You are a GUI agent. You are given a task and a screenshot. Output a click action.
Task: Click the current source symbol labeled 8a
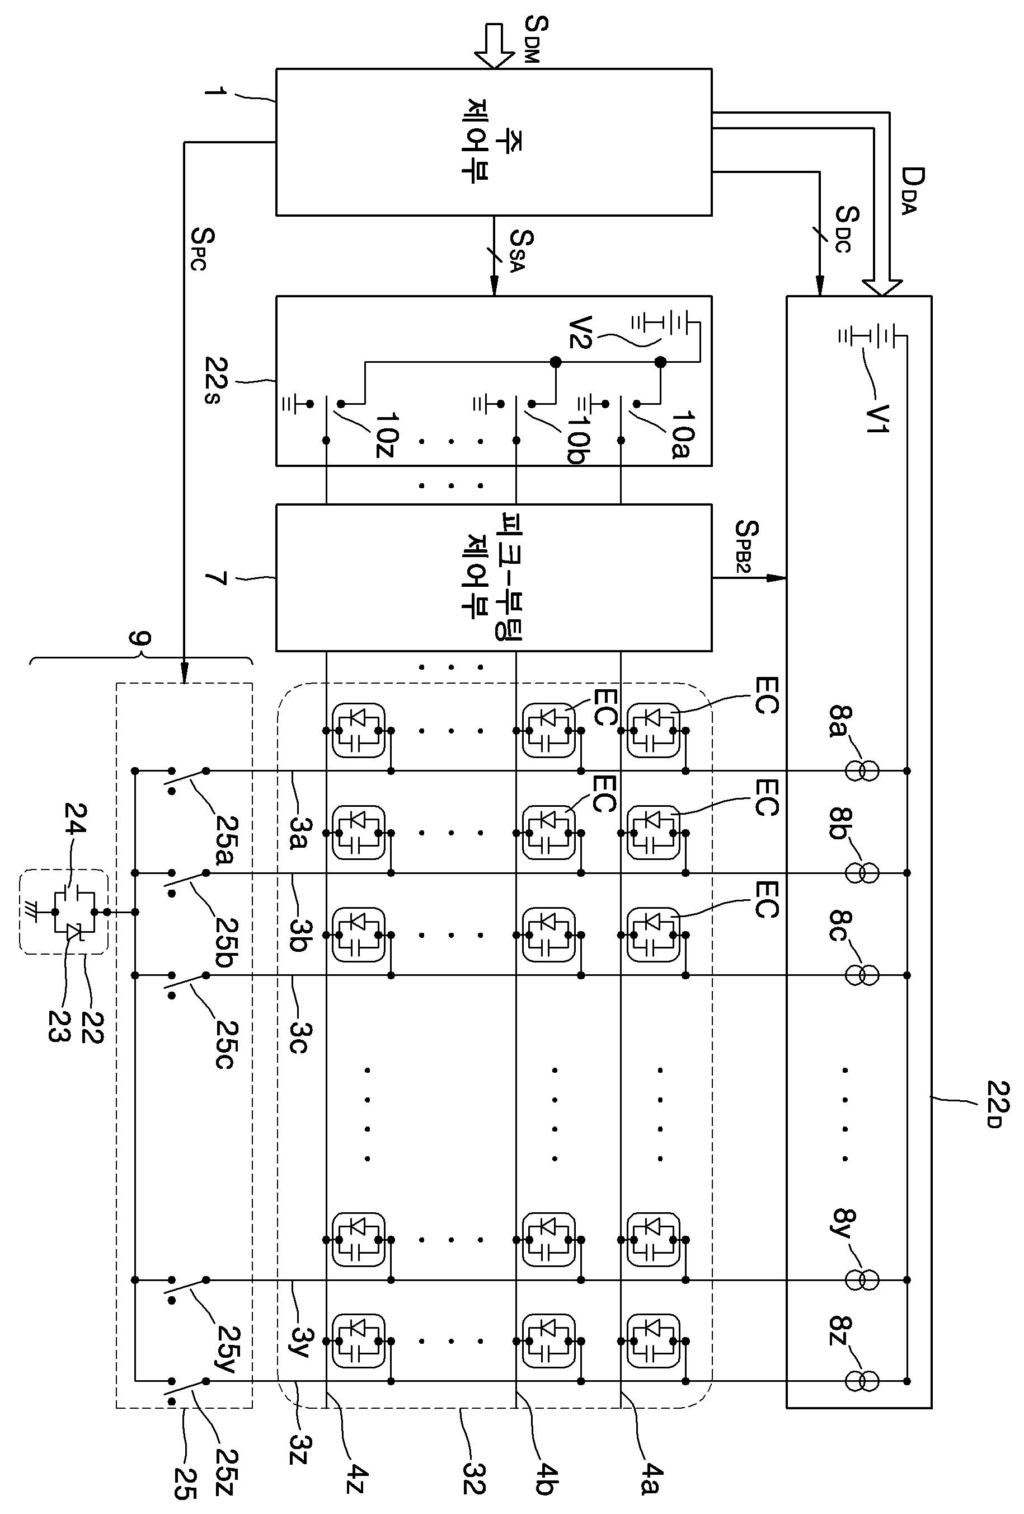pos(862,770)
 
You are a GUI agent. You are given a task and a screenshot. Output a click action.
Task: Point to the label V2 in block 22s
pos(579,332)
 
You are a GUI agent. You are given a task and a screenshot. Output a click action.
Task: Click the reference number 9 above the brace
pos(139,638)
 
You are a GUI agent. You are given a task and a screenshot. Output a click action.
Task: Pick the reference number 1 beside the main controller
pos(215,91)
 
